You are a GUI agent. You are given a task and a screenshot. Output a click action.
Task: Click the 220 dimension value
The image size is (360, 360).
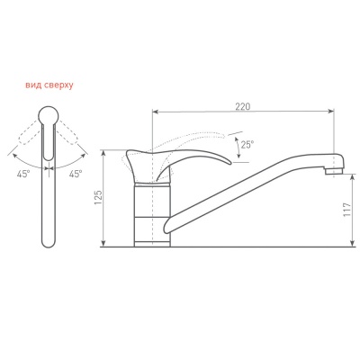(243, 107)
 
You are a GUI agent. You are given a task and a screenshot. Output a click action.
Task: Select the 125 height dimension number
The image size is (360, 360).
(98, 197)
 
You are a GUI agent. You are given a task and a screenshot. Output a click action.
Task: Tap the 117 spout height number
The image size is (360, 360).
(346, 210)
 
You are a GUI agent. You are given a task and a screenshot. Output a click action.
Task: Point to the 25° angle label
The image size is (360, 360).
(247, 145)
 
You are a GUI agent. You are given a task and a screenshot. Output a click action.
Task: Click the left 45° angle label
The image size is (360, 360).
(23, 174)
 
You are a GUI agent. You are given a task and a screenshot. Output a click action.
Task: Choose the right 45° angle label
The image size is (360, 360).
(76, 174)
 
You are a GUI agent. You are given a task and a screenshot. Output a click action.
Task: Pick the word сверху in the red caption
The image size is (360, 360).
(58, 86)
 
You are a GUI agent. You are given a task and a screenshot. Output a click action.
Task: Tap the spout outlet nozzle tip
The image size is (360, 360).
(334, 172)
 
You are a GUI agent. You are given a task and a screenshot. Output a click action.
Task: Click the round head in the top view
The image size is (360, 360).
(49, 115)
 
